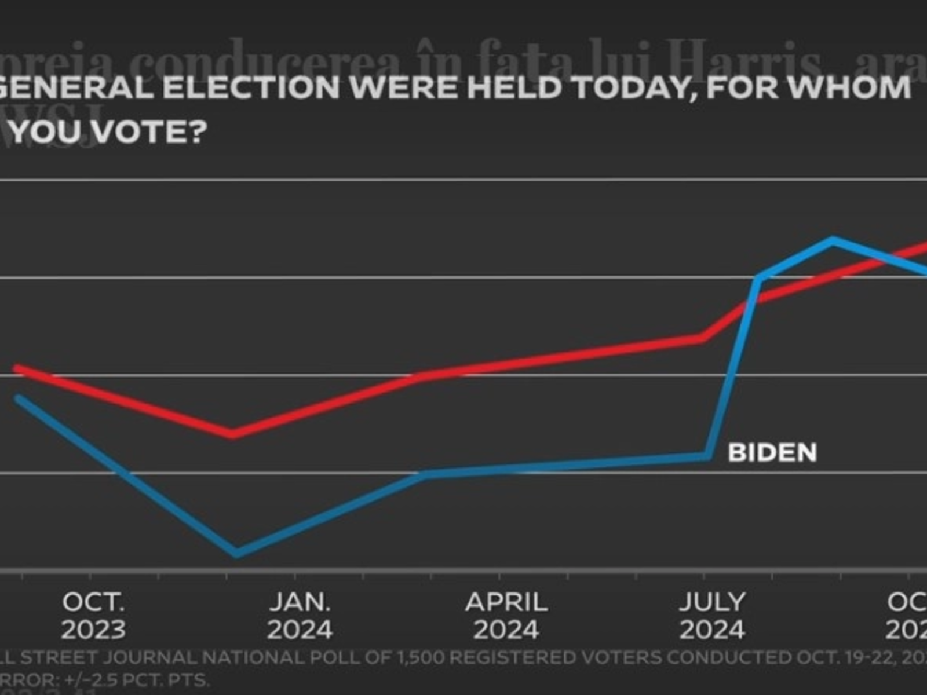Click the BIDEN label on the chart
[772, 452]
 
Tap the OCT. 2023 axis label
[93, 616]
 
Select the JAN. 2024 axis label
[300, 616]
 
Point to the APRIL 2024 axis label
[506, 616]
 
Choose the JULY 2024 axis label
[712, 616]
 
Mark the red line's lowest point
[232, 434]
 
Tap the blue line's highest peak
[833, 240]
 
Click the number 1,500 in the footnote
[419, 658]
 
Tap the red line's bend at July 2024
[703, 338]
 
